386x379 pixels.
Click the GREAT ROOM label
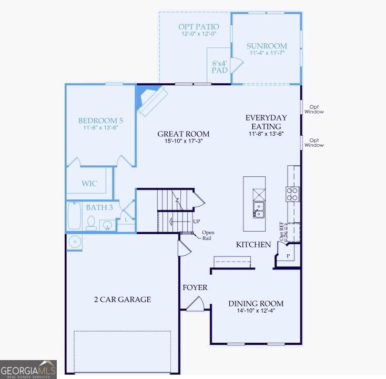(184, 134)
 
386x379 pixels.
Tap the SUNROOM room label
(267, 46)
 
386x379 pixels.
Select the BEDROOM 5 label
(100, 121)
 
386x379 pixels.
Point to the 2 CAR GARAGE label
(123, 300)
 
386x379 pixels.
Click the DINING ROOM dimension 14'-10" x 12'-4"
(256, 311)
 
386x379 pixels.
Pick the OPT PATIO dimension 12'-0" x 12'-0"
(199, 34)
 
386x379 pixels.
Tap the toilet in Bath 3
(91, 223)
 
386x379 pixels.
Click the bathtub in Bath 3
(74, 216)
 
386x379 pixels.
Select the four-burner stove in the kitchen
(293, 194)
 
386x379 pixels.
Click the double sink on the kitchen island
(258, 210)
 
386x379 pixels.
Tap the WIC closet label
(89, 184)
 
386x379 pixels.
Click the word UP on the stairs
(197, 221)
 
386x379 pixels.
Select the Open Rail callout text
(208, 235)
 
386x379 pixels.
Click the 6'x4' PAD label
(220, 67)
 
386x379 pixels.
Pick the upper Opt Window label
(314, 109)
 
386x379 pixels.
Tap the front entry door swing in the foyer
(195, 304)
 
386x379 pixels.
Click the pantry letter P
(288, 256)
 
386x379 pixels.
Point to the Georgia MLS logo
(28, 370)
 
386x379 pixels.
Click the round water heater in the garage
(75, 242)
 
